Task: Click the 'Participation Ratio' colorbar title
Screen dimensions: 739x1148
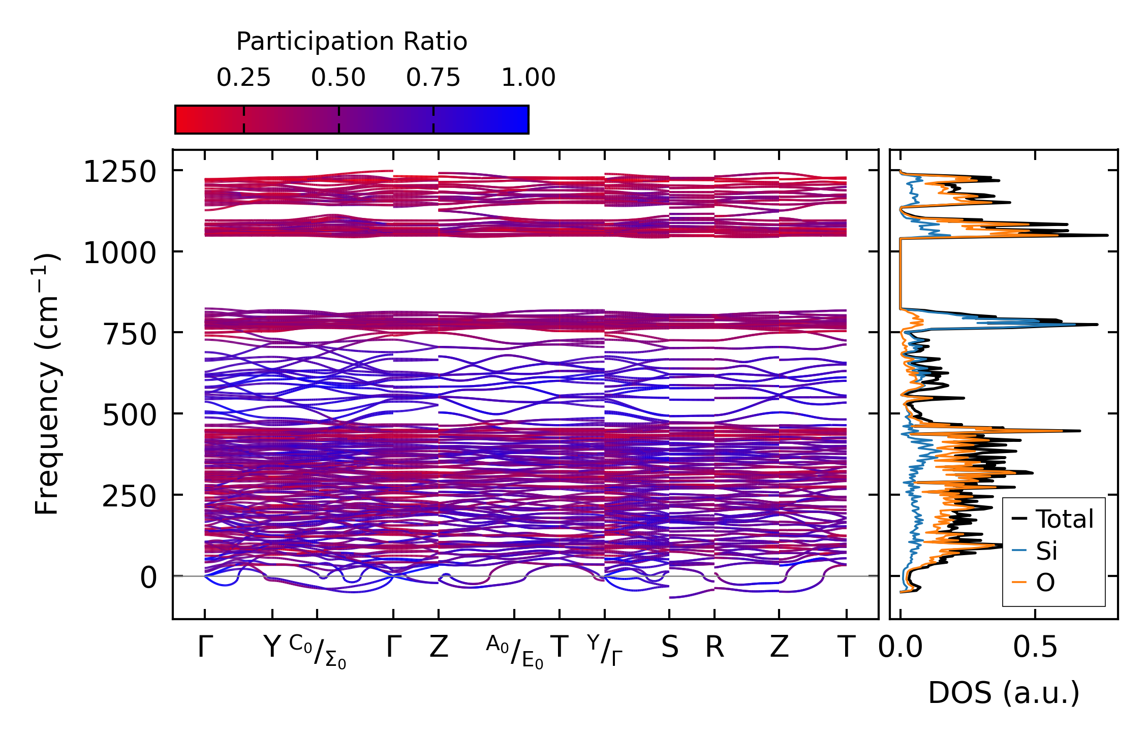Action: tap(352, 42)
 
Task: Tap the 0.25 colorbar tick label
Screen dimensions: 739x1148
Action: tap(243, 78)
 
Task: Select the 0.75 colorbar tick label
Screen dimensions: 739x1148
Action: tap(433, 78)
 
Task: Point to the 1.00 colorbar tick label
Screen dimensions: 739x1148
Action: tap(528, 78)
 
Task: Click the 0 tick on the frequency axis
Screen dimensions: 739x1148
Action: tap(148, 577)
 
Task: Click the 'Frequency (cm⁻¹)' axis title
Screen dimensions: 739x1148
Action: tap(47, 384)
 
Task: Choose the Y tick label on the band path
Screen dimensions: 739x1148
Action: tap(272, 647)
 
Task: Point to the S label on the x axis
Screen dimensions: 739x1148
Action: tap(669, 647)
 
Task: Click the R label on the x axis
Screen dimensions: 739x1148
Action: tap(714, 647)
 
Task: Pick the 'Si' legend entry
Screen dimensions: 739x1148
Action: tap(1046, 551)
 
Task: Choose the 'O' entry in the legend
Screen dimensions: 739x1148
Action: tap(1045, 583)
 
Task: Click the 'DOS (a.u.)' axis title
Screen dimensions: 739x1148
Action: tap(1004, 693)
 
